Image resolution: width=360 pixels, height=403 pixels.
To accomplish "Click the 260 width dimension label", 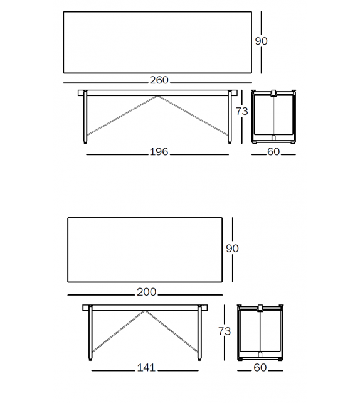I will [x=159, y=80].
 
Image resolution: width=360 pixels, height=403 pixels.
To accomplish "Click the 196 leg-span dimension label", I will [x=159, y=152].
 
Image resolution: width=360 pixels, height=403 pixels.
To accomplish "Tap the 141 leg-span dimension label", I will [x=146, y=368].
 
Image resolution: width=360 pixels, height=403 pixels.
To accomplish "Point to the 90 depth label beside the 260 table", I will [x=262, y=41].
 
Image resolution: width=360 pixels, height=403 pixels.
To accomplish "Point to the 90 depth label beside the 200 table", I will [x=232, y=249].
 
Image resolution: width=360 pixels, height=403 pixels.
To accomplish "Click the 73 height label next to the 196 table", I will [x=242, y=111].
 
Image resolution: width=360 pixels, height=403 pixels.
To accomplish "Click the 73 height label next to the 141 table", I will [x=225, y=331].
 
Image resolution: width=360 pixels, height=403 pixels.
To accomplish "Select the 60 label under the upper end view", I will [x=273, y=152].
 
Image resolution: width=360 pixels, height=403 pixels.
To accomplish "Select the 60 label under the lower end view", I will [x=260, y=368].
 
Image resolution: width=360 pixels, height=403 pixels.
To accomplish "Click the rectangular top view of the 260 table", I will [x=157, y=41].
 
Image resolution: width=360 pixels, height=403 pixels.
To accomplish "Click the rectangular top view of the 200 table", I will [x=145, y=249].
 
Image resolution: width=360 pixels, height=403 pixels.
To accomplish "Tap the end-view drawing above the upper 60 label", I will [x=273, y=116].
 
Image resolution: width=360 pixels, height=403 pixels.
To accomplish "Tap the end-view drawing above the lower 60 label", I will [x=260, y=333].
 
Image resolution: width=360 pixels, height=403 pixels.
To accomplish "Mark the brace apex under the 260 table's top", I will [x=157, y=97].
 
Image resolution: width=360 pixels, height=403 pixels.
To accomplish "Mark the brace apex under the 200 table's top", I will [x=146, y=311].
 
